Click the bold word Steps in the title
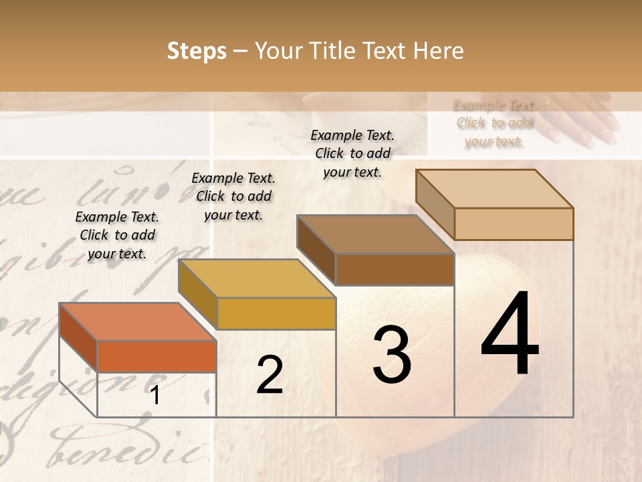click(197, 51)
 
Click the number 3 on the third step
click(391, 355)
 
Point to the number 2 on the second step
click(270, 375)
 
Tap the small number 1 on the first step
click(155, 396)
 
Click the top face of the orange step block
click(137, 322)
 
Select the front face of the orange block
click(156, 356)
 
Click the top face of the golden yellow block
click(256, 278)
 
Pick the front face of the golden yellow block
click(276, 313)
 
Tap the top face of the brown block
click(375, 234)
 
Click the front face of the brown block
click(395, 270)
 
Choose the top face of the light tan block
click(494, 189)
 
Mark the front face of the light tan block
click(514, 224)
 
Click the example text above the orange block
click(117, 235)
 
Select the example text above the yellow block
click(233, 196)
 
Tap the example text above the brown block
click(352, 153)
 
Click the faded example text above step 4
click(494, 123)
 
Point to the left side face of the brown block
click(316, 249)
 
